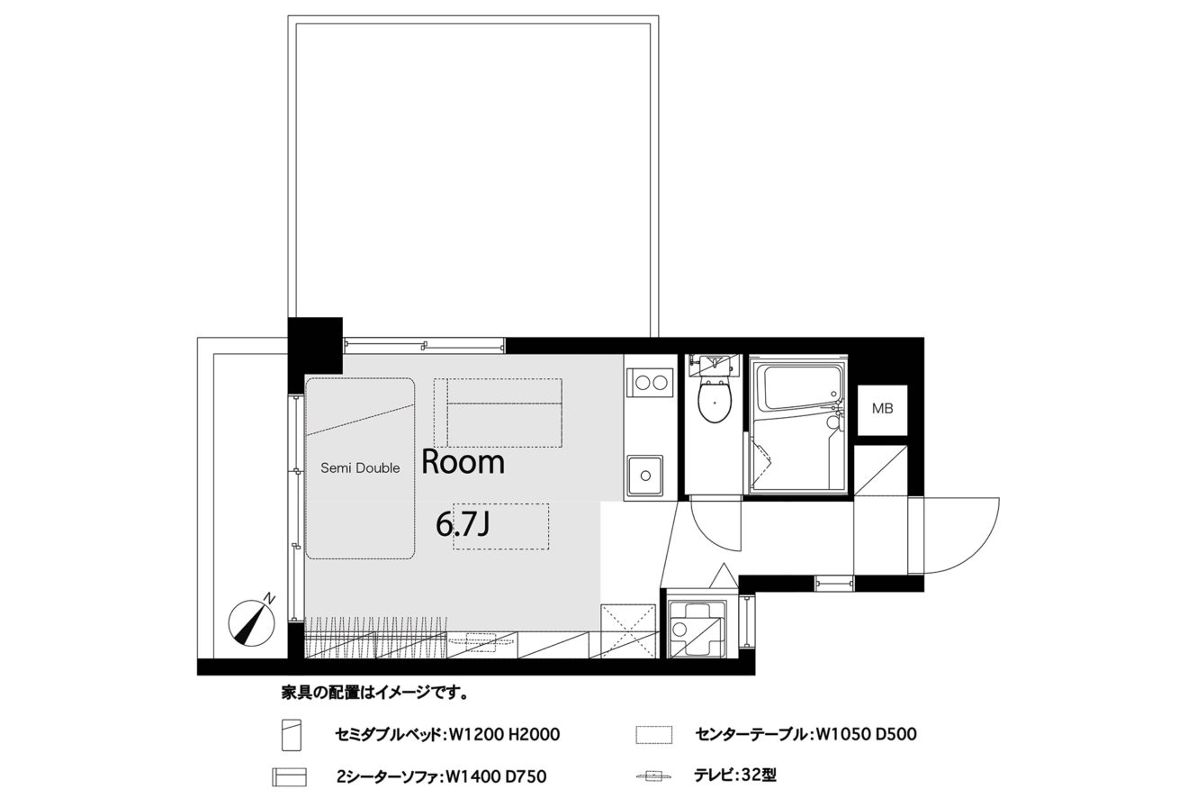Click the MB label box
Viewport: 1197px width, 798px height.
[882, 410]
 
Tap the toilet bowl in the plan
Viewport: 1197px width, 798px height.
[715, 401]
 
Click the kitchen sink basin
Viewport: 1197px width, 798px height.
[645, 475]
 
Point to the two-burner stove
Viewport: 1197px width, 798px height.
[651, 383]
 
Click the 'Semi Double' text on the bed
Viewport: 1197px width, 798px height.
[360, 468]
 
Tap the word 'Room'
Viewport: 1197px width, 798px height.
[463, 462]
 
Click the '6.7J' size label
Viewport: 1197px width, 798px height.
[463, 524]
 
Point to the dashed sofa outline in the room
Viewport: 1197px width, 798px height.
[498, 413]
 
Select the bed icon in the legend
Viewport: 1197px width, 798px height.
[292, 735]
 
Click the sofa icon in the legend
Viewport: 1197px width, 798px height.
[289, 776]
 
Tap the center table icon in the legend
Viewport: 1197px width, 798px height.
[654, 735]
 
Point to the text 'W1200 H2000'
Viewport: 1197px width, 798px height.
[504, 734]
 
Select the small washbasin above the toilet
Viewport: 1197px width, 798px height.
[714, 366]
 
